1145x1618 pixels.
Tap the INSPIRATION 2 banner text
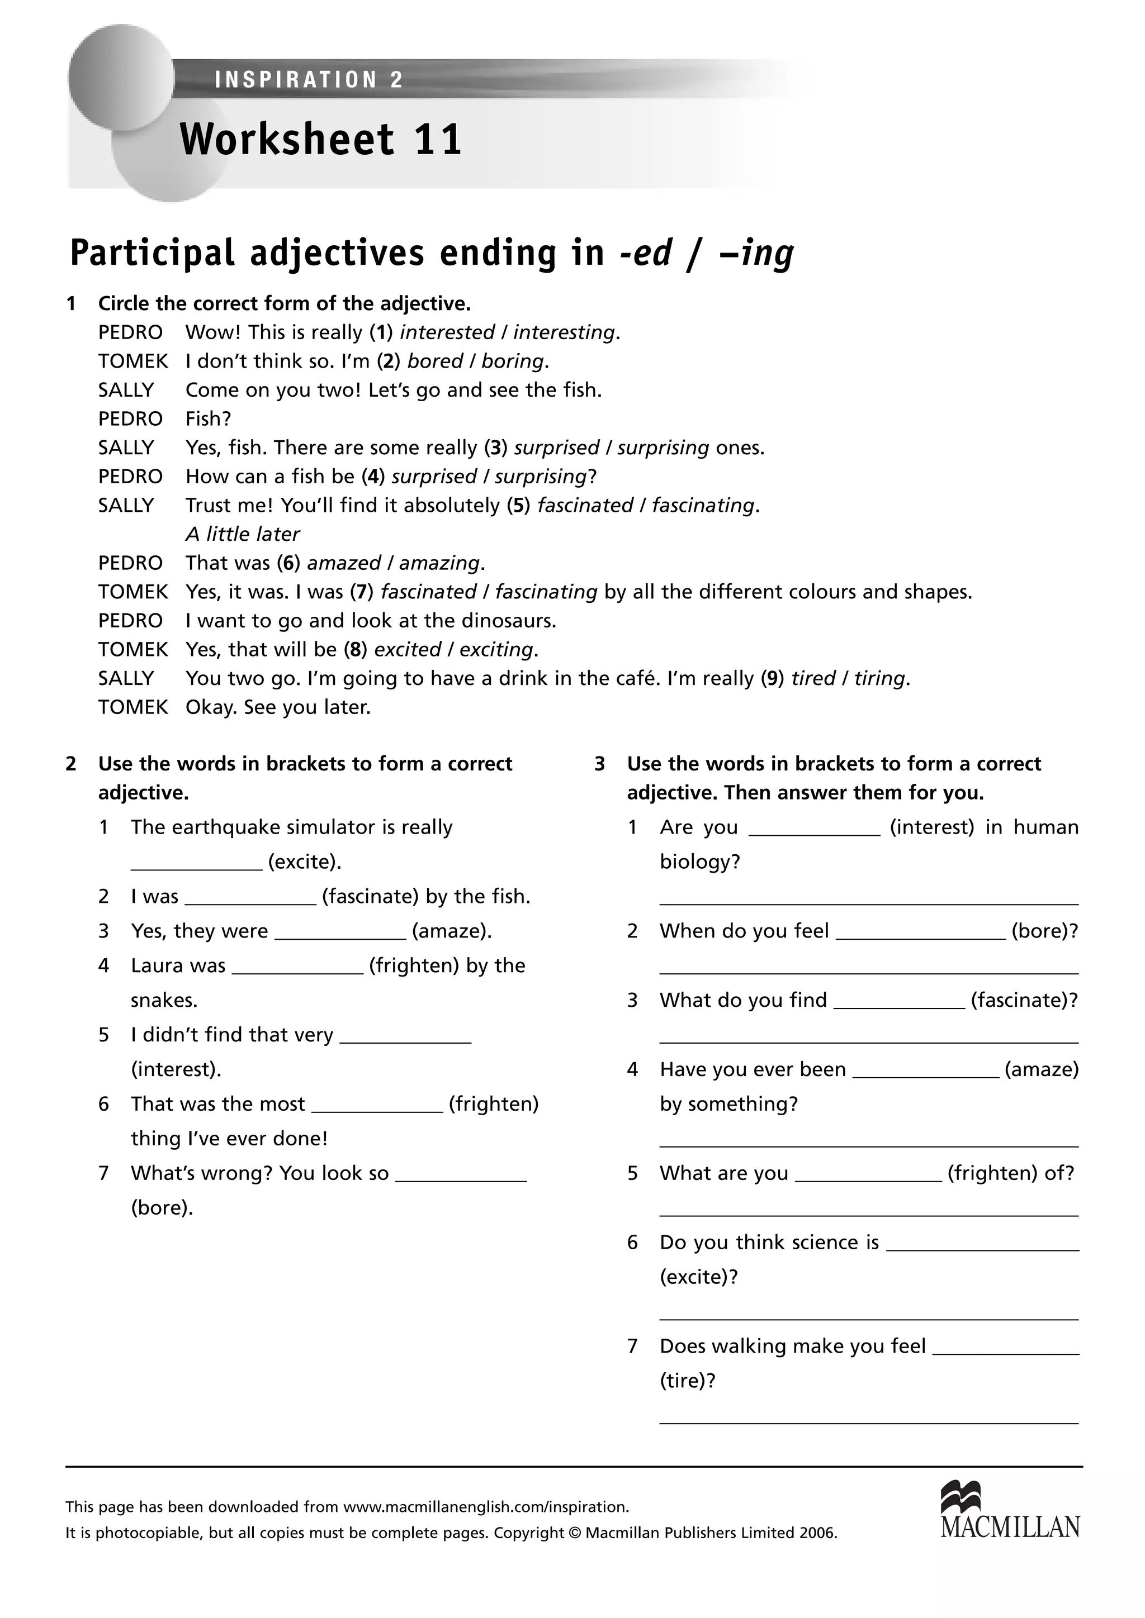309,80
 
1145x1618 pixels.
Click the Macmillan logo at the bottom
1010,1510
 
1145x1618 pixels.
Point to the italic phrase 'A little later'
243,534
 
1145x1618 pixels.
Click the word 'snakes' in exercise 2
163,1000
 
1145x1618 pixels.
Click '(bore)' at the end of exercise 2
162,1208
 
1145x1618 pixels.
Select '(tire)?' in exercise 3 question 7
688,1381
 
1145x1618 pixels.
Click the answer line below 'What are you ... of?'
869,1214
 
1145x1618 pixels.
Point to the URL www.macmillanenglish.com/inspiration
486,1507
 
